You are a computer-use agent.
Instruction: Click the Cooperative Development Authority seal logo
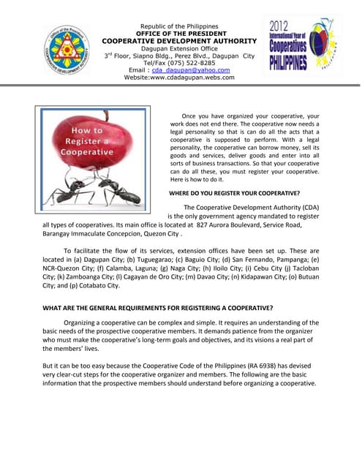(x=67, y=49)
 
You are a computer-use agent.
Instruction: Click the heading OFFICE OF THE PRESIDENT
(x=179, y=34)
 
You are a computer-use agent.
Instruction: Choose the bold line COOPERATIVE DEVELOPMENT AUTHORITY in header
(x=179, y=41)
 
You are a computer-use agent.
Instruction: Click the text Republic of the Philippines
(x=179, y=26)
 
